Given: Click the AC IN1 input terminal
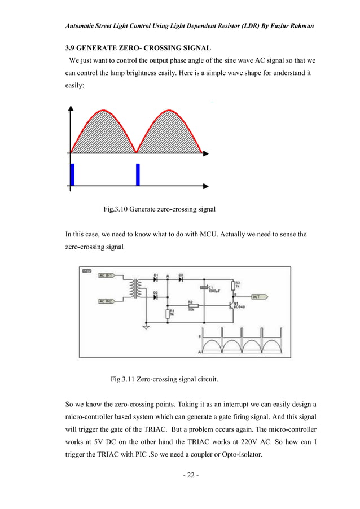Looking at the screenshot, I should (x=107, y=275).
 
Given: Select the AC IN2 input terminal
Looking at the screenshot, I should (x=107, y=301).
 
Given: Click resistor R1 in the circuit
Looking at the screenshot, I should (x=167, y=313).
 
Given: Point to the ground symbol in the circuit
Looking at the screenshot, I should (x=146, y=327).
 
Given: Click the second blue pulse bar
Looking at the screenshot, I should (x=138, y=174).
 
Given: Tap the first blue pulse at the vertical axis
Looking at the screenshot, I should (x=72, y=174).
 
